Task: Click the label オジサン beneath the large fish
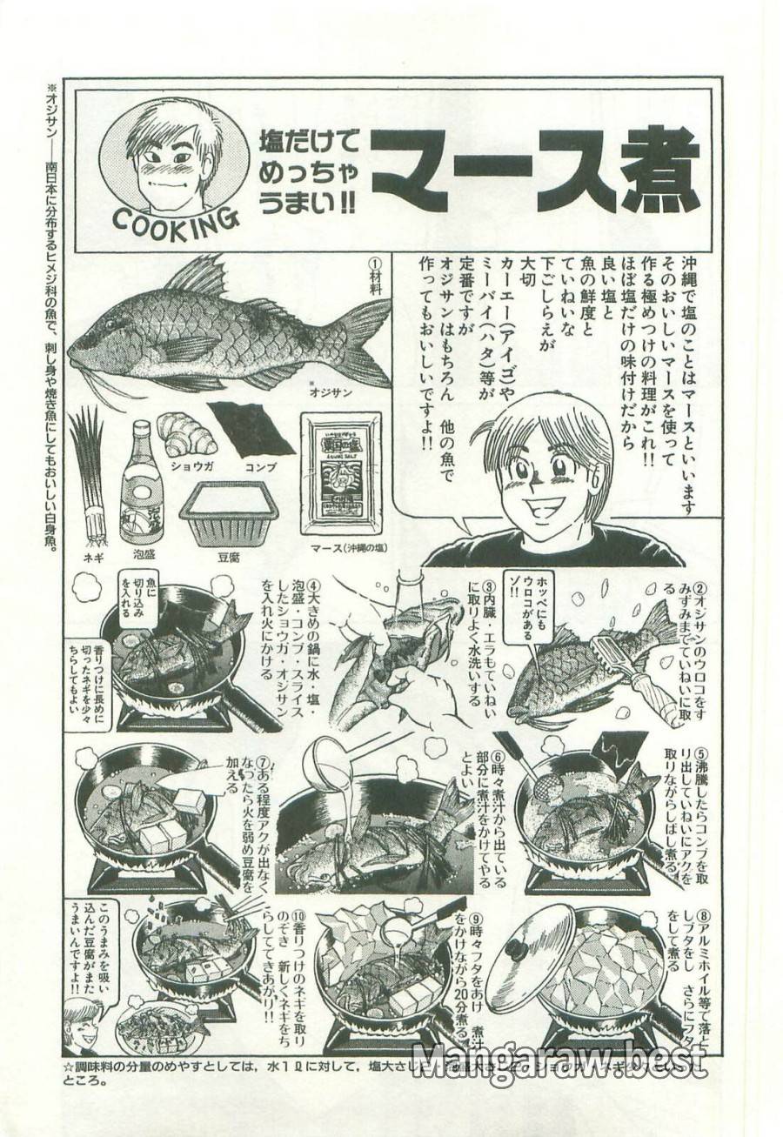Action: pos(330,392)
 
